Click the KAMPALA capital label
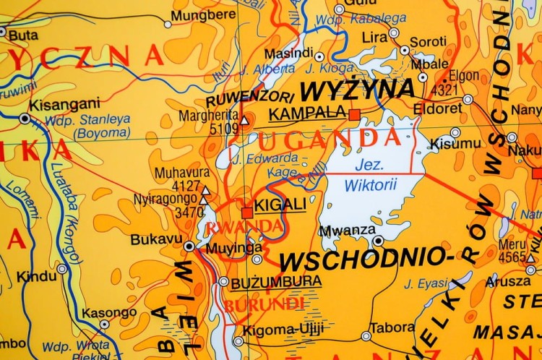click(x=307, y=113)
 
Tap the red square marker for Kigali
click(x=247, y=213)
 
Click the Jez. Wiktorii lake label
click(x=370, y=174)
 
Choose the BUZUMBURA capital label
click(x=276, y=281)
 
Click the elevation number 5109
click(x=223, y=129)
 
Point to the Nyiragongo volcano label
click(x=165, y=199)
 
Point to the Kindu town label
click(x=36, y=275)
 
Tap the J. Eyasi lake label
click(x=426, y=283)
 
